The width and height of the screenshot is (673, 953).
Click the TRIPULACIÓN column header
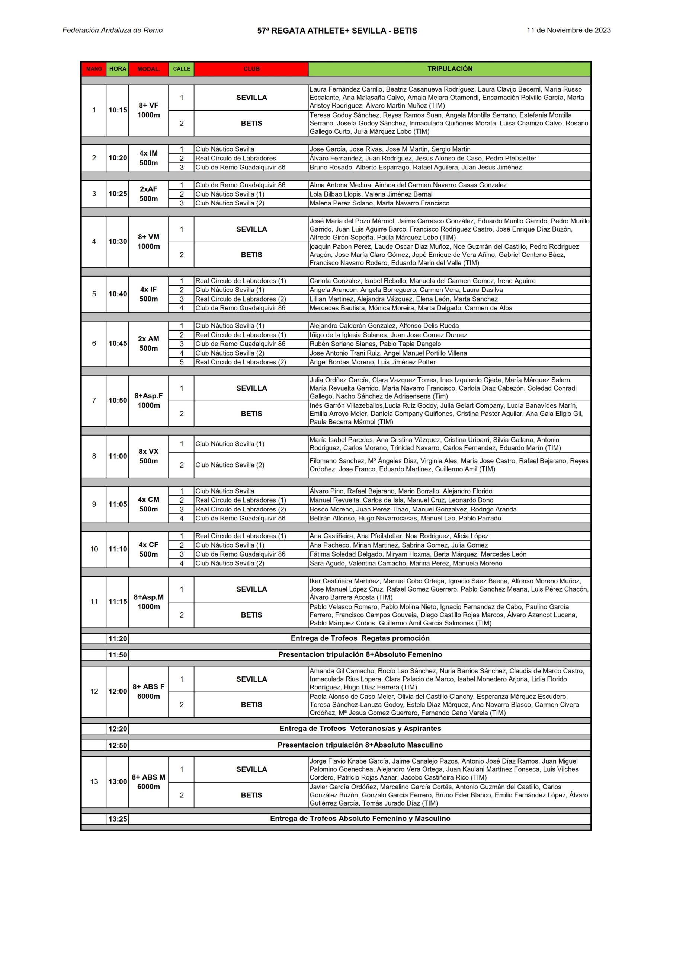click(449, 69)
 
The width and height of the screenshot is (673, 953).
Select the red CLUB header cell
click(251, 69)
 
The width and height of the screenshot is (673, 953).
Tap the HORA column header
click(118, 69)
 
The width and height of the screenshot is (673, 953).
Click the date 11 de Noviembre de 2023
click(568, 30)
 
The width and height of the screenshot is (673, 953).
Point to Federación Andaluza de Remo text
click(112, 30)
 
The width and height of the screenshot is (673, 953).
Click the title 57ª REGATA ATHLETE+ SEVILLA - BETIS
click(337, 31)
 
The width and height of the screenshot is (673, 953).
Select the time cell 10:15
click(118, 110)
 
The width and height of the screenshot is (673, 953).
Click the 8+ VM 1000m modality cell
click(148, 242)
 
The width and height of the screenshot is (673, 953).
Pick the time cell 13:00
click(118, 782)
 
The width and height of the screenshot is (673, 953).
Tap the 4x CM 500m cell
click(148, 504)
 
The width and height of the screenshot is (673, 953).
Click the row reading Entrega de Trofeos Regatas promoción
click(360, 638)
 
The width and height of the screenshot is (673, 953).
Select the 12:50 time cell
click(118, 746)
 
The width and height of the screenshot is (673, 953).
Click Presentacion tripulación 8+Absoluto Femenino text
click(360, 654)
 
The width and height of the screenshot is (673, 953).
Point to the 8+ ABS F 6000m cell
click(148, 692)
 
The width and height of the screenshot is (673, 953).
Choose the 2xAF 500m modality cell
click(148, 194)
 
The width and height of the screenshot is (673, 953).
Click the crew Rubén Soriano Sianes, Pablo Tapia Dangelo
click(375, 344)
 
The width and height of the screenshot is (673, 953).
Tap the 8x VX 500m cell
click(148, 456)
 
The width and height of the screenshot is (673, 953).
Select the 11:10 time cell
click(118, 549)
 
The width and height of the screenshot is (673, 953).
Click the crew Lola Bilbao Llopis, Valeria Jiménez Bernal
click(371, 194)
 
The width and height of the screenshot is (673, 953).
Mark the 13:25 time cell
click(118, 819)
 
